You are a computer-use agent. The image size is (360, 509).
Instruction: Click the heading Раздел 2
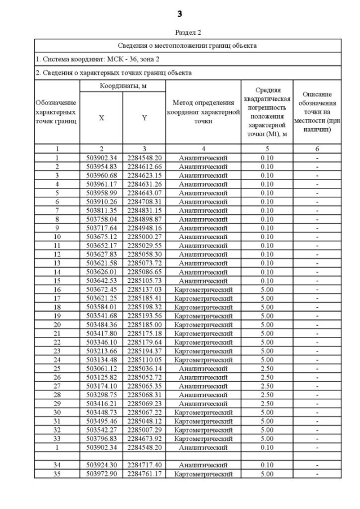coord(188,33)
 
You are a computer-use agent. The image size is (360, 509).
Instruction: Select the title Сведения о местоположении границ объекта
coord(188,46)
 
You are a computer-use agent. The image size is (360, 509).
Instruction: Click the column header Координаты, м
coord(123,85)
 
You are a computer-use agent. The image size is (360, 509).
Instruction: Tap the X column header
coord(101,118)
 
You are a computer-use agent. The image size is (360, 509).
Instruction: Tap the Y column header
coord(144,118)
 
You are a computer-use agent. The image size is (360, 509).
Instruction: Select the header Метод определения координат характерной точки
coord(203,111)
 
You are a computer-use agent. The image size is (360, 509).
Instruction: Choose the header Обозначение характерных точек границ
coord(57,111)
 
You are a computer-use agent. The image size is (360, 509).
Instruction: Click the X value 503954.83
coord(101,166)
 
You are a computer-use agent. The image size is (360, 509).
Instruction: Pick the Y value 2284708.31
coord(144,201)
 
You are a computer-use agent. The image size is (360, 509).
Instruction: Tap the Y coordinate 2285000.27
coord(144,237)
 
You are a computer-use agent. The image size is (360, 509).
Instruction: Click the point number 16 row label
coord(57,290)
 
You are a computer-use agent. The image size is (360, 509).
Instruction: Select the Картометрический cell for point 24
coord(203,360)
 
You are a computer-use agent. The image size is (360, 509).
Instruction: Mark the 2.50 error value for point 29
coord(267,404)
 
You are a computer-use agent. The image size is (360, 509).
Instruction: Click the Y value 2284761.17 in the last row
coord(144,474)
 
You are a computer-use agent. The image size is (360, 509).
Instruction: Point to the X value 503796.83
coord(101,439)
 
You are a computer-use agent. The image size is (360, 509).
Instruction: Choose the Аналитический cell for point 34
coord(203,465)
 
